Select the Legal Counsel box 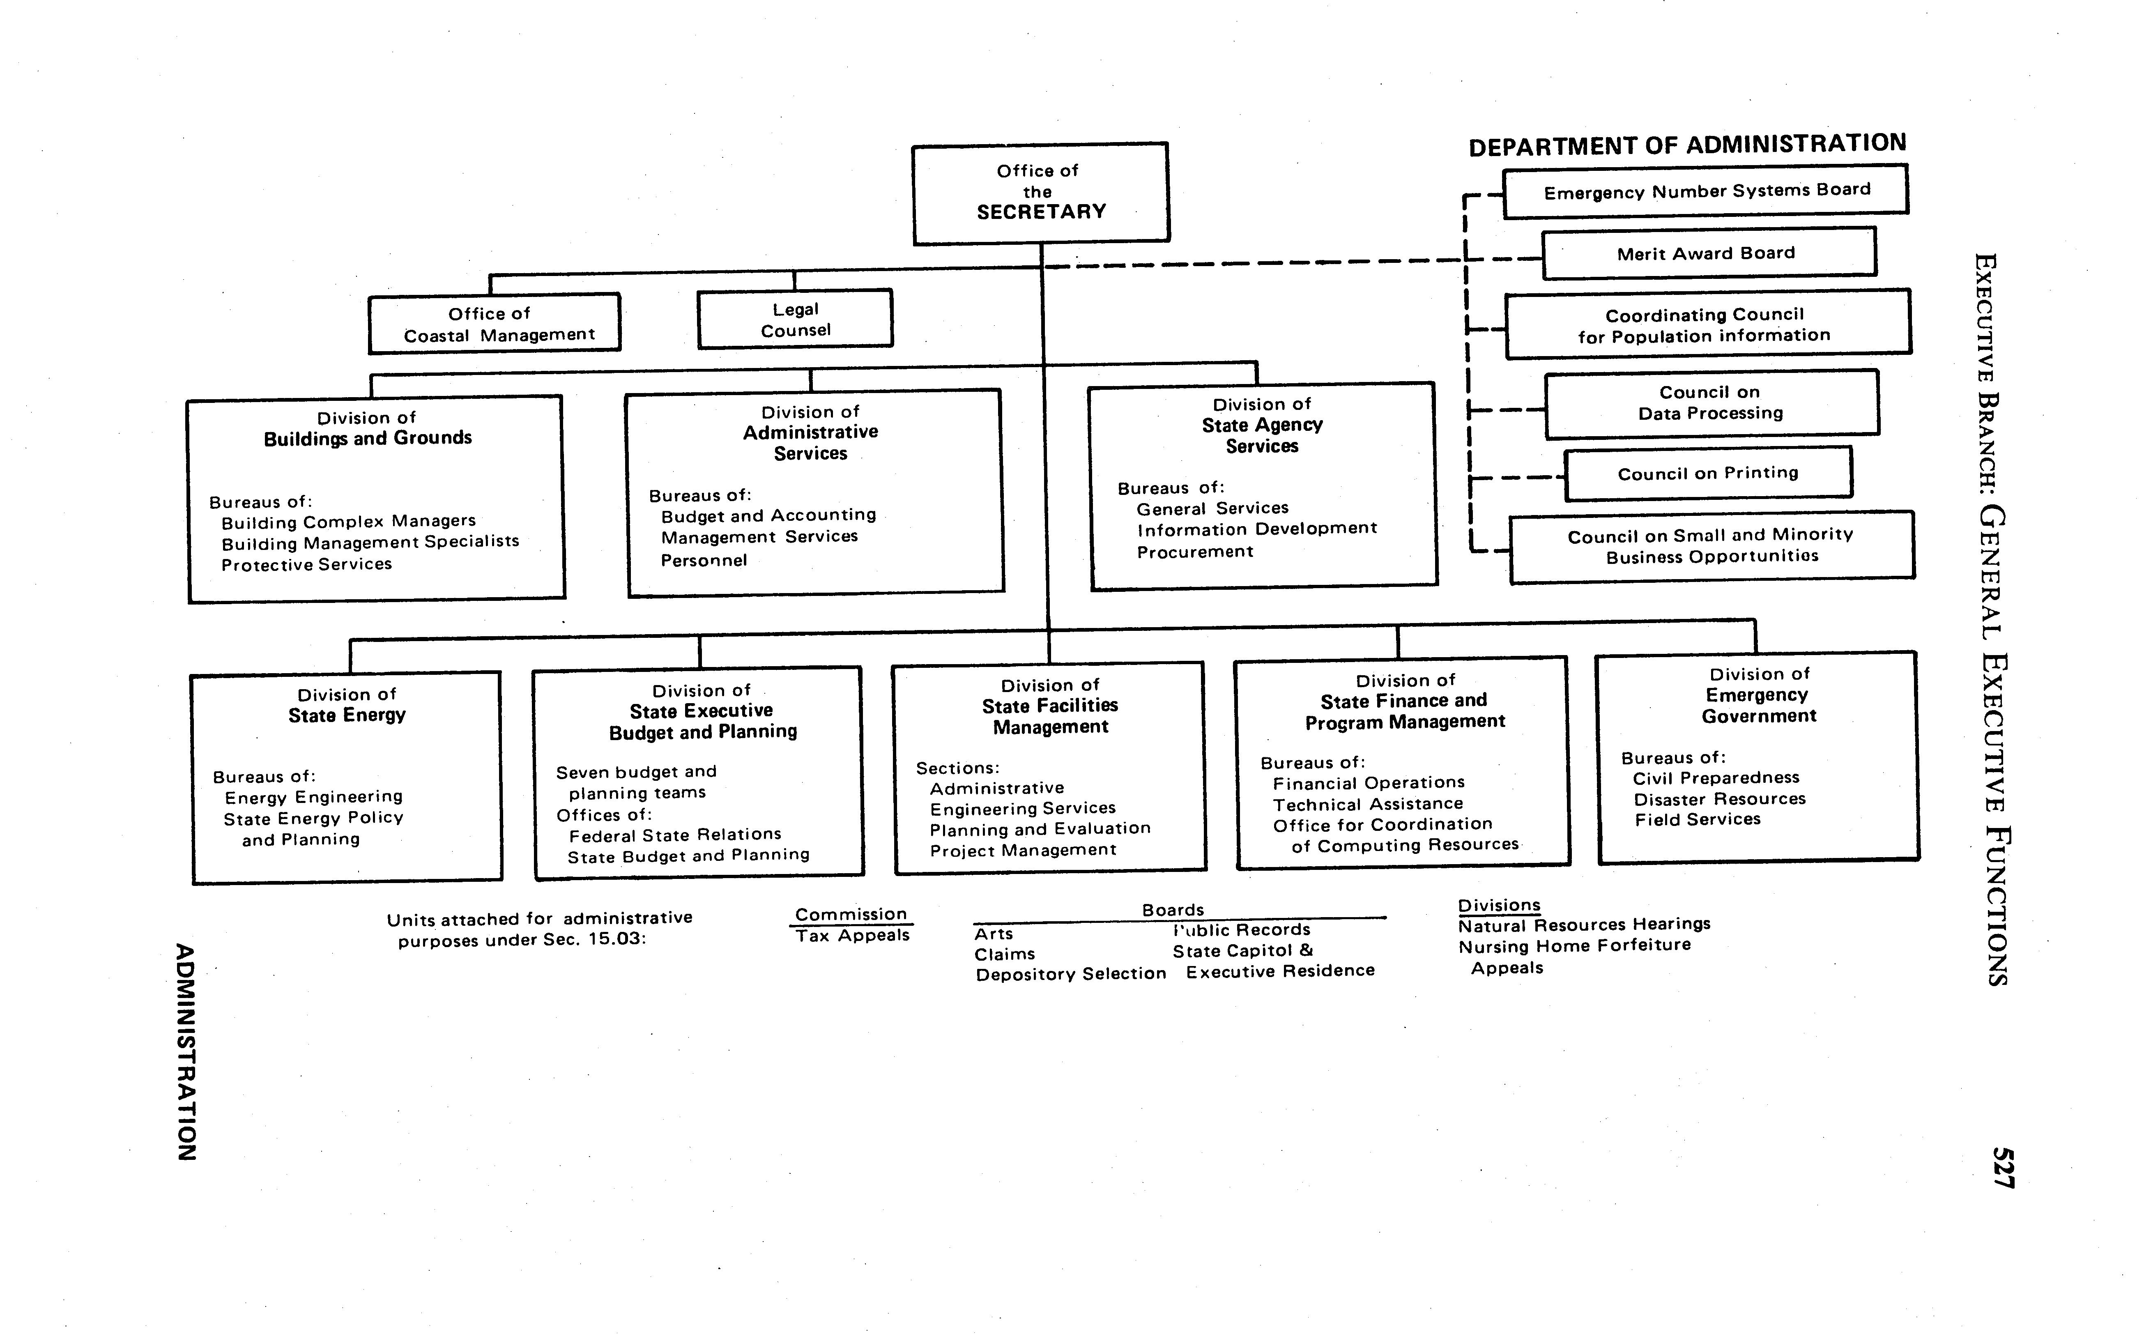[795, 320]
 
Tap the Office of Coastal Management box [494, 324]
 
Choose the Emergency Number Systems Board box [1705, 191]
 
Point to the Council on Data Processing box [1711, 403]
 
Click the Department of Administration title [1687, 145]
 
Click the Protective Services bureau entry [306, 565]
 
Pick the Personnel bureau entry [703, 560]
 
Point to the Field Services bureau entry [1697, 820]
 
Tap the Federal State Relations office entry [675, 835]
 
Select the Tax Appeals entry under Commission [852, 935]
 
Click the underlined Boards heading [1173, 910]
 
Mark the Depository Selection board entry [1070, 974]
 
